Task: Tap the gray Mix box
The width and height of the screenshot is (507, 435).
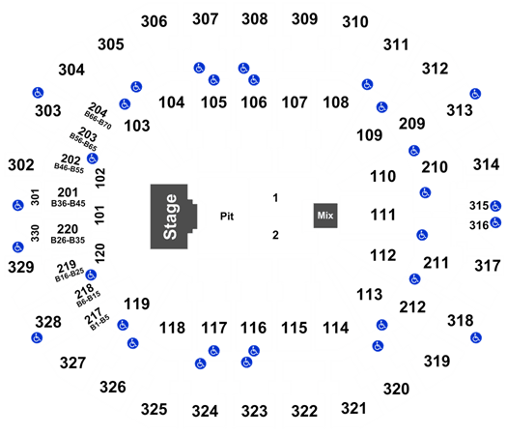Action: pyautogui.click(x=325, y=216)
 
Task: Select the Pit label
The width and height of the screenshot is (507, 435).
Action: pyautogui.click(x=227, y=217)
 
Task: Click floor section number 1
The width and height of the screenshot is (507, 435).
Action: pyautogui.click(x=275, y=198)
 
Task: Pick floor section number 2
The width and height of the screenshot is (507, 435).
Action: pyautogui.click(x=275, y=235)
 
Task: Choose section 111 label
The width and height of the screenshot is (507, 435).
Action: pyautogui.click(x=382, y=215)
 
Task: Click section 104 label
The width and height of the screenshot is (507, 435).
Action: pyautogui.click(x=171, y=102)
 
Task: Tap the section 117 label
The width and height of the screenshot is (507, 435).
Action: pyautogui.click(x=213, y=328)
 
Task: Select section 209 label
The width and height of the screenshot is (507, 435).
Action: pyautogui.click(x=411, y=124)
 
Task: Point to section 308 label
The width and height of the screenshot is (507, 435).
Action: pyautogui.click(x=255, y=18)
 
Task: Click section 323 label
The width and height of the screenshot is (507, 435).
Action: pyautogui.click(x=255, y=412)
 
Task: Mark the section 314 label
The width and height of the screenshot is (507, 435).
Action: pyautogui.click(x=486, y=164)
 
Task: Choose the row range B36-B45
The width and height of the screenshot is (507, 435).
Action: pyautogui.click(x=69, y=203)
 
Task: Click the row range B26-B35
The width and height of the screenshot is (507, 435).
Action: pyautogui.click(x=68, y=240)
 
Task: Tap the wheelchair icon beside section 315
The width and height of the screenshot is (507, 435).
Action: pyautogui.click(x=495, y=206)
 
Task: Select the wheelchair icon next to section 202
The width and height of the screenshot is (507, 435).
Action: pyautogui.click(x=93, y=159)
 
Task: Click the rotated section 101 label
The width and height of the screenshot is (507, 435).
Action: pyautogui.click(x=99, y=215)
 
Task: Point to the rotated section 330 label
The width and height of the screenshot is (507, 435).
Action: pyautogui.click(x=35, y=233)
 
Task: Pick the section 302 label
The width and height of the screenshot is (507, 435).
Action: pyautogui.click(x=21, y=165)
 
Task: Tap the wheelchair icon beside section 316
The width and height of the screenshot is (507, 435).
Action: pyautogui.click(x=495, y=222)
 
